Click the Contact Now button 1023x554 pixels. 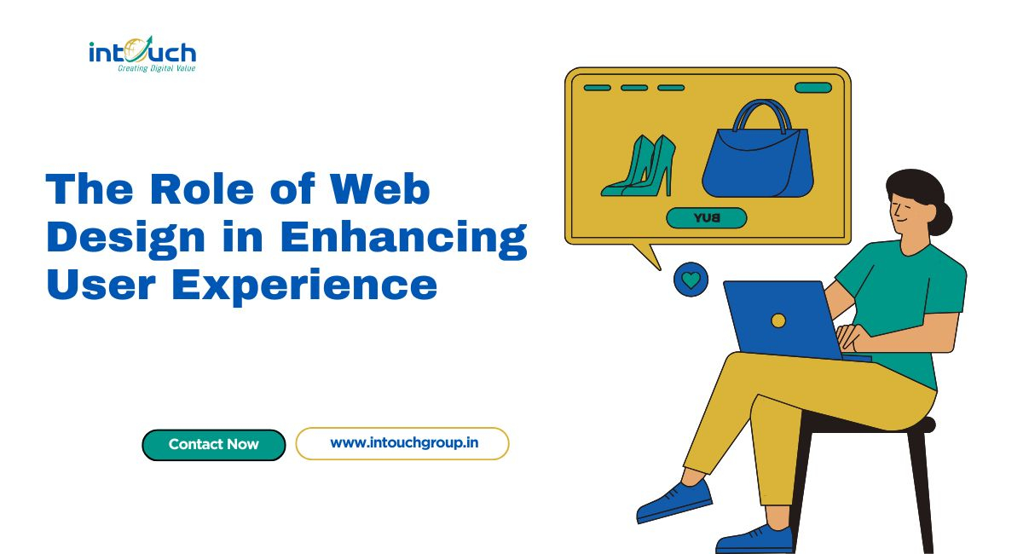pos(214,444)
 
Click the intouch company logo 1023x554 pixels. pos(142,55)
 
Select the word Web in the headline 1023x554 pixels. pos(380,189)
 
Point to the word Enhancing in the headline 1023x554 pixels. pos(404,239)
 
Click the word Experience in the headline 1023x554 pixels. pos(304,286)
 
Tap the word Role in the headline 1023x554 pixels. pos(201,189)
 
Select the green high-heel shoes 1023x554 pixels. pos(639,167)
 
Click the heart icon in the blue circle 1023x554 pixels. pos(691,280)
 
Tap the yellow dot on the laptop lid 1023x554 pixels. pos(778,320)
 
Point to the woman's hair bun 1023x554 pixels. pos(942,218)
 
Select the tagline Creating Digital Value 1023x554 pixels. pos(157,68)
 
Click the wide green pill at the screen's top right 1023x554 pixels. pos(813,88)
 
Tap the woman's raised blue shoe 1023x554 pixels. pos(674,501)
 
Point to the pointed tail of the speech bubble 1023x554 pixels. pos(660,269)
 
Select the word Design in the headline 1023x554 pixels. pos(125,239)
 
